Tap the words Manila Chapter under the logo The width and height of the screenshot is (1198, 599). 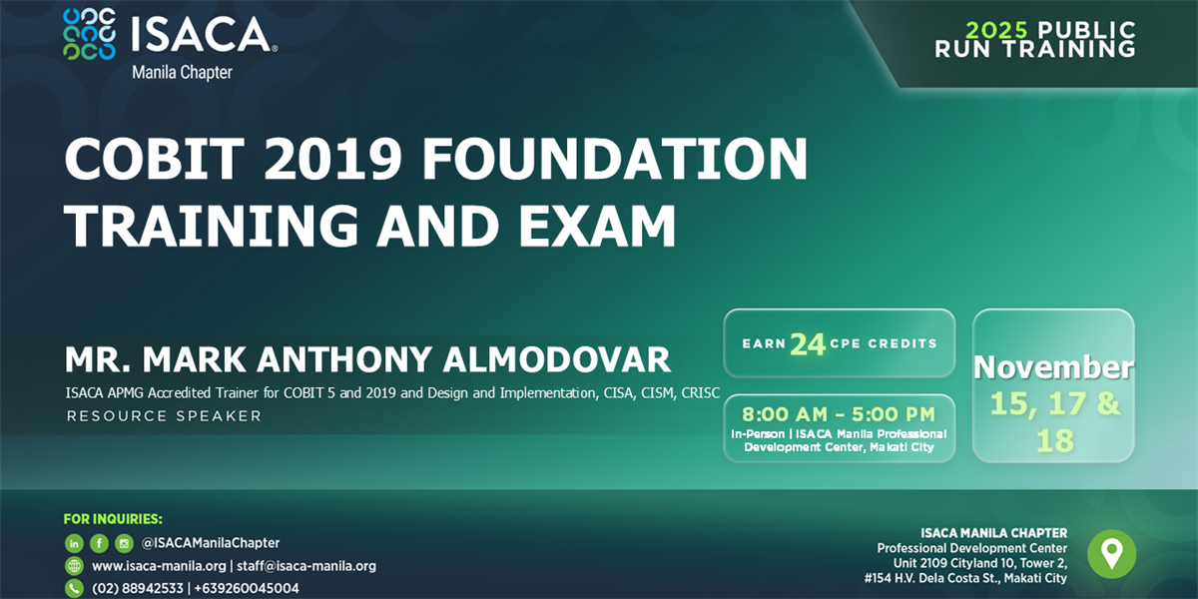pos(183,72)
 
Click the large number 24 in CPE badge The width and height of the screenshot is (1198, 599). pos(808,343)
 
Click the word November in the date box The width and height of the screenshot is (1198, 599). pos(1053,367)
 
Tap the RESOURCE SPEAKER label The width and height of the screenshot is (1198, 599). pos(164,415)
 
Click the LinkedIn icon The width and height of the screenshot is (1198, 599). pos(75,543)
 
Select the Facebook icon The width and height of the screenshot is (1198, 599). pos(99,543)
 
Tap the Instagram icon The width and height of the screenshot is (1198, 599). pos(124,543)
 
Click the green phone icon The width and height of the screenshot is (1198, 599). pos(75,588)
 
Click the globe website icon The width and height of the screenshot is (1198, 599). pos(75,566)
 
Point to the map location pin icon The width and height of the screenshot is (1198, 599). pos(1110,553)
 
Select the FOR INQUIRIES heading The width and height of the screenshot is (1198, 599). pos(113,519)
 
